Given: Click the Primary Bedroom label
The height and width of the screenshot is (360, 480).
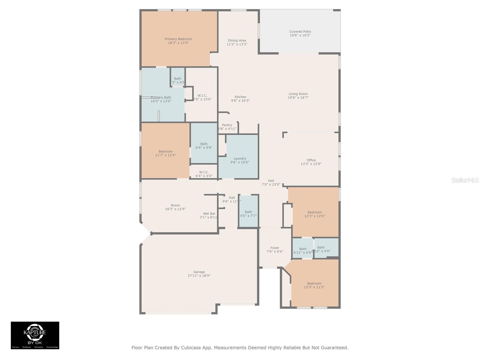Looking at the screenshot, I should coord(178,39).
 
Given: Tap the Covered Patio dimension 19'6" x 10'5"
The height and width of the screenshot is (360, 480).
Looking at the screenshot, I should coord(300,35).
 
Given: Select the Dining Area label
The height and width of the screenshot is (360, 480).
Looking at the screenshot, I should coord(237,40).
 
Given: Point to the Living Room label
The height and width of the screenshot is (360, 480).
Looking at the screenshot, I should coord(298,94).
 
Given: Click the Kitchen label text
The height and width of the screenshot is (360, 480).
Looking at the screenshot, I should coord(240,97).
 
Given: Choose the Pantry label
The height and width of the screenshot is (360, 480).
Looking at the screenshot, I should coord(227,125).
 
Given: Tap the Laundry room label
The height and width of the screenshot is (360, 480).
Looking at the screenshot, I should coord(240,158).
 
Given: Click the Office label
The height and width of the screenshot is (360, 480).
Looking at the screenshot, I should coord(311,160).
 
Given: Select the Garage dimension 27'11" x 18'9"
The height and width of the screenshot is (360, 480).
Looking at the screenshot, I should coord(199,276).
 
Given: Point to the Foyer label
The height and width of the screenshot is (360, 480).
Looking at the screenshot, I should coord(274,248).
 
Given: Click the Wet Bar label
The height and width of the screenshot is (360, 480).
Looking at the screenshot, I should coord(209,214).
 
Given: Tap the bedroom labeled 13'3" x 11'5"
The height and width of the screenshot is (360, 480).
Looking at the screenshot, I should coord(314,285).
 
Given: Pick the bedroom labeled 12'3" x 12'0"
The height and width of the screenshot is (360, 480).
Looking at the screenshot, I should coord(314,214).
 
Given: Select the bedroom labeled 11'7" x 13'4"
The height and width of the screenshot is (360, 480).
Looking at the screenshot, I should coord(165,153).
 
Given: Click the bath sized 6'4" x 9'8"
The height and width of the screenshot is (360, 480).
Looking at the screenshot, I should coord(204,146).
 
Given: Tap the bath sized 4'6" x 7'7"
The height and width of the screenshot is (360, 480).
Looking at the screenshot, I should coord(248,214).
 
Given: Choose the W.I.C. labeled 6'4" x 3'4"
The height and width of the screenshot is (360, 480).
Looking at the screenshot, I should coord(204,174).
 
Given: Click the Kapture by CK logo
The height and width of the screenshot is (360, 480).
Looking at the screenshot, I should coord(35,335).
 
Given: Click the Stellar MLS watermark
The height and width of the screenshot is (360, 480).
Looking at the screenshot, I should coord(465,180).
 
